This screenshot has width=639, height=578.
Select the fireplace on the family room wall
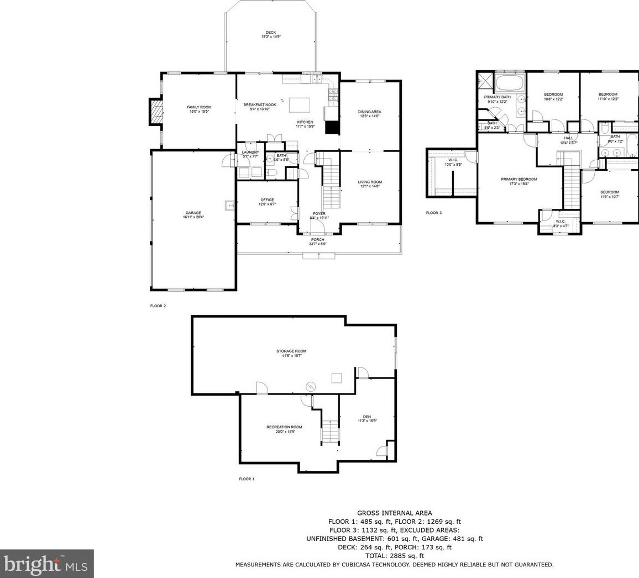[157, 113]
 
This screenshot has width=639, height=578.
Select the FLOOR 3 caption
[433, 213]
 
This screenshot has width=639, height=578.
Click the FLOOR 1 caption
[247, 479]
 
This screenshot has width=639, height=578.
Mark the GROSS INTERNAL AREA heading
[395, 513]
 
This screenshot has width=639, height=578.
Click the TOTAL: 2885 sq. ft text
[395, 556]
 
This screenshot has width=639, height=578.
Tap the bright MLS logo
[46, 564]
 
